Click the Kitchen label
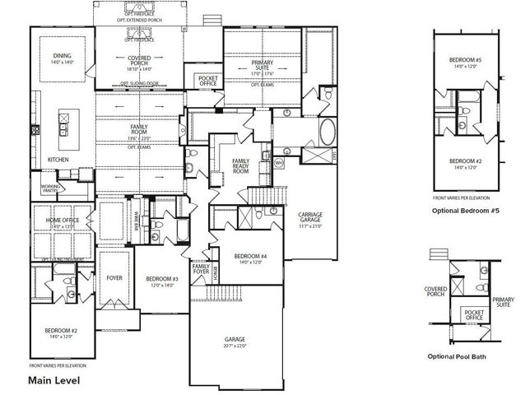[x=58, y=159]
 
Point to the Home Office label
[x=62, y=221]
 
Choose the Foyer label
[x=114, y=277]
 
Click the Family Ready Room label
[x=241, y=165]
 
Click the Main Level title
[x=51, y=380]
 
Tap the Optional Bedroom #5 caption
[x=465, y=211]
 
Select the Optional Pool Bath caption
[x=465, y=357]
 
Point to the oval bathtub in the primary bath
[x=326, y=132]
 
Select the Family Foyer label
[x=200, y=269]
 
